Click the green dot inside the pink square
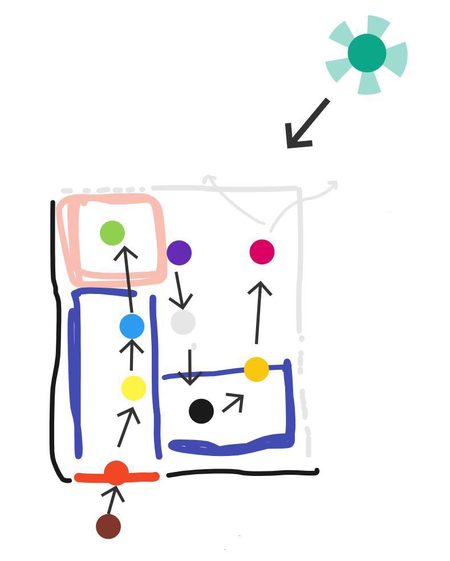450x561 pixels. click(112, 233)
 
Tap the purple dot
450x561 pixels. click(179, 252)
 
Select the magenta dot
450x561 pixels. click(262, 252)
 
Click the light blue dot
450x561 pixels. click(132, 326)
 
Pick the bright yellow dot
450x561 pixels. click(133, 388)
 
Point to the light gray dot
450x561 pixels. click(183, 322)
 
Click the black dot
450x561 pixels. click(201, 411)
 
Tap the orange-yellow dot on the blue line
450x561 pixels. click(256, 369)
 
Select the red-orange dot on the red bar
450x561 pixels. click(116, 473)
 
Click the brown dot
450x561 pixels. click(108, 526)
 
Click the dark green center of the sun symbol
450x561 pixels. click(367, 53)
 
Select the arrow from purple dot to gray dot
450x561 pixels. click(180, 290)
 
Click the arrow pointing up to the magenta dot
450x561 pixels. click(258, 312)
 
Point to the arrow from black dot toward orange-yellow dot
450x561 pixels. click(233, 402)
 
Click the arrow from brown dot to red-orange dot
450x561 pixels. click(114, 500)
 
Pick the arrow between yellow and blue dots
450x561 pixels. click(132, 354)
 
